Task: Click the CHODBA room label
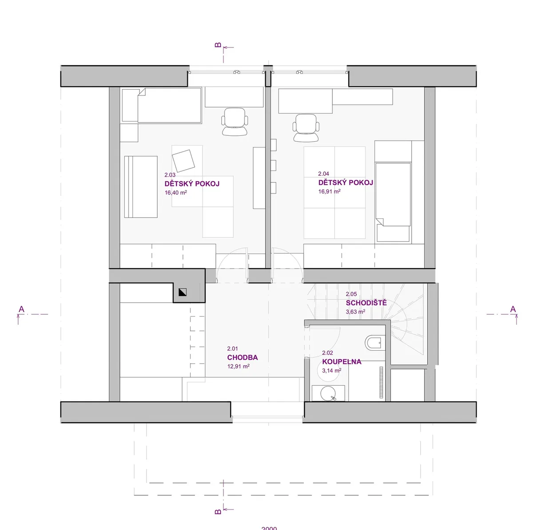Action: tap(243, 357)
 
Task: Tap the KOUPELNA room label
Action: tap(342, 362)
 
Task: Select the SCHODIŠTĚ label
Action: tap(366, 303)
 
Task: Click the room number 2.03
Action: tap(170, 175)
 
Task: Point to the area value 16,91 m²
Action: tap(329, 191)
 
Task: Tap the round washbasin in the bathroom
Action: tap(328, 393)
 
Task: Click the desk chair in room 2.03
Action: tap(235, 122)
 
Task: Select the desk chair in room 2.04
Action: tap(306, 128)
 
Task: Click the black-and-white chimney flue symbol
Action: tap(183, 292)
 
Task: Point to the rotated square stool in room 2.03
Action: tap(183, 161)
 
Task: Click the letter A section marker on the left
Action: tap(21, 309)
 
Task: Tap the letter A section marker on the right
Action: tap(513, 309)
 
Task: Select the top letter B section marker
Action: tap(218, 45)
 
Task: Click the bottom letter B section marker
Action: tap(218, 512)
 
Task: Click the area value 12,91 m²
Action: tap(239, 366)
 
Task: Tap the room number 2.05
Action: tap(351, 294)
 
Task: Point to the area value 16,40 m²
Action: tap(175, 193)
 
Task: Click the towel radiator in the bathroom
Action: tap(382, 382)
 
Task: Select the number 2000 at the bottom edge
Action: tap(269, 528)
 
